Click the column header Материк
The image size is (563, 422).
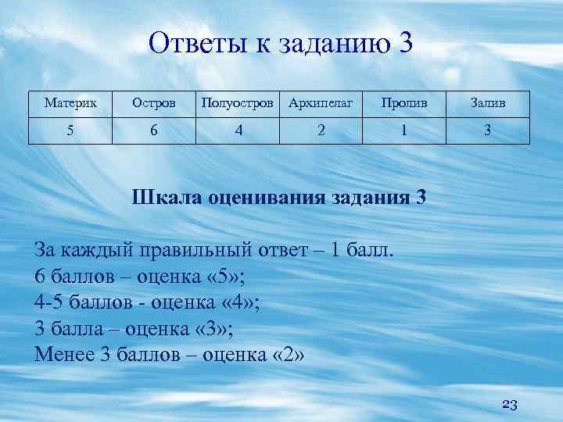coord(71,103)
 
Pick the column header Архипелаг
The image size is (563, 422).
coord(321,103)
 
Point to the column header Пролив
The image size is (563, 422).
coord(403,103)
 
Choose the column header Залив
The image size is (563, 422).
coord(487,103)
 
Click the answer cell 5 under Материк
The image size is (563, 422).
coord(71,131)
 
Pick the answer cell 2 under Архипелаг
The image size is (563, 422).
coord(321,131)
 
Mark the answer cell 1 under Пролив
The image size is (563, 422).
coord(403,131)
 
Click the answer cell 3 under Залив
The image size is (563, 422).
coord(487,131)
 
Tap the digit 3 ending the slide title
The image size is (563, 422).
coord(403,44)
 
